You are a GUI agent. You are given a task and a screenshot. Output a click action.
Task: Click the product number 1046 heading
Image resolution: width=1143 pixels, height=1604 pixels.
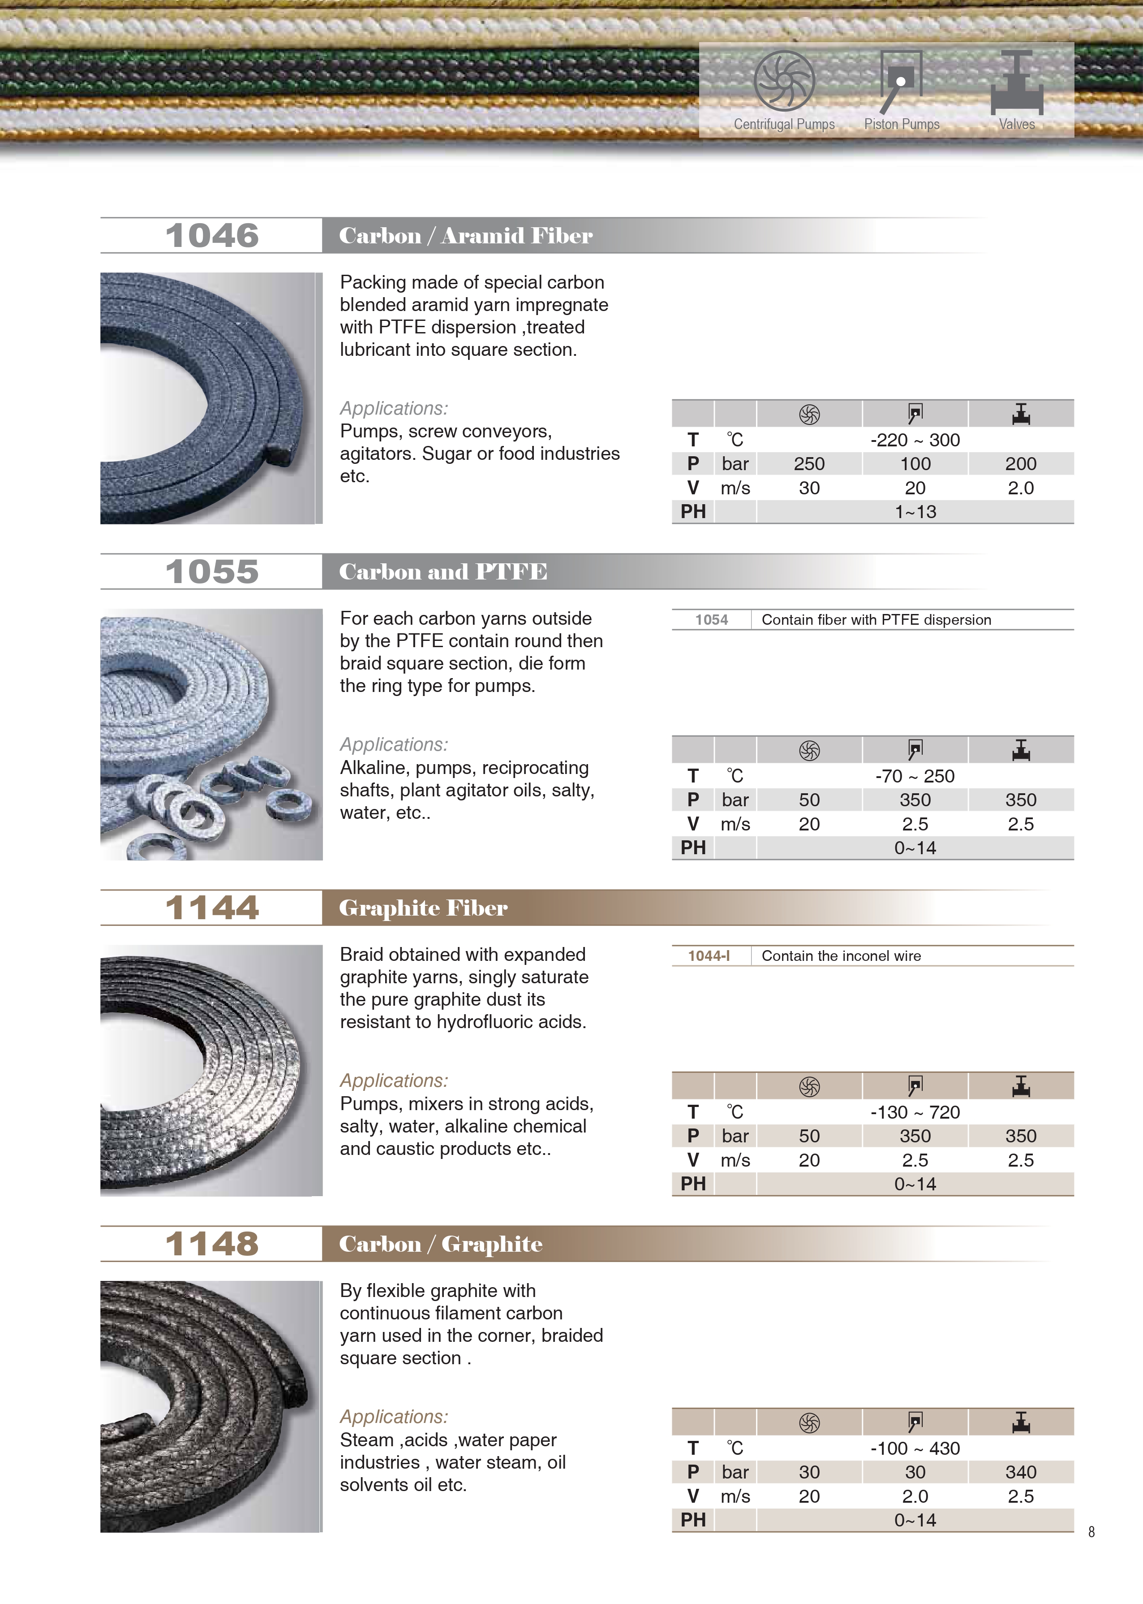[212, 236]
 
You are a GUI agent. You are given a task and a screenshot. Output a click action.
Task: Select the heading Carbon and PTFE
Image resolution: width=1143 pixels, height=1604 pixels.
[443, 572]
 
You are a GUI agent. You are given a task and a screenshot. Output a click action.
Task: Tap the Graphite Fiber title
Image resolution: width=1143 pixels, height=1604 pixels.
[423, 908]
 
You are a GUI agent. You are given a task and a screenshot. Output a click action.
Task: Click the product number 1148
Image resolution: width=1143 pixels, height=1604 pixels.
[212, 1244]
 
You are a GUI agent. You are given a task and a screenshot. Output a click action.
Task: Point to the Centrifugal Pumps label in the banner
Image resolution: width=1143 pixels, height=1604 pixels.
[784, 125]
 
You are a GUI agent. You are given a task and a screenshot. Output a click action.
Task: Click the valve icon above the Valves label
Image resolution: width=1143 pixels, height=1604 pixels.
[1017, 83]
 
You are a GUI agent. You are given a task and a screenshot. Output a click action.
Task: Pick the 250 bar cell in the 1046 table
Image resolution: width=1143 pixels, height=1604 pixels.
[809, 464]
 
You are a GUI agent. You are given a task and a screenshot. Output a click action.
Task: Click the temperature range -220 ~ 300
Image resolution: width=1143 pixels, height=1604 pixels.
[915, 440]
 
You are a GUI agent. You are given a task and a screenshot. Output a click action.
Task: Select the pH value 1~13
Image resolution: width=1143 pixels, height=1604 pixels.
[915, 512]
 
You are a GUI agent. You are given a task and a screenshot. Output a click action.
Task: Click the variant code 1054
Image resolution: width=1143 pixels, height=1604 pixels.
[712, 620]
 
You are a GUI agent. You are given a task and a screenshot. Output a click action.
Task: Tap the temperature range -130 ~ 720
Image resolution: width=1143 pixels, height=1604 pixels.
[915, 1112]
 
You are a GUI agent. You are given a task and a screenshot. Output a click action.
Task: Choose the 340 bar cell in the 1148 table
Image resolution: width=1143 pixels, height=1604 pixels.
[1021, 1472]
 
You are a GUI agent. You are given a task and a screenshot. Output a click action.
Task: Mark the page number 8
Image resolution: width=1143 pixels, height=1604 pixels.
[1091, 1531]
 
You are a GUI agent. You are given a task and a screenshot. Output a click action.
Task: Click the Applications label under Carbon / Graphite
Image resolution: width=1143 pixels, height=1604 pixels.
[393, 1416]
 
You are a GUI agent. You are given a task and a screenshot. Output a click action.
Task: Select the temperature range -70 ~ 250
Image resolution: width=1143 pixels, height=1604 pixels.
[915, 776]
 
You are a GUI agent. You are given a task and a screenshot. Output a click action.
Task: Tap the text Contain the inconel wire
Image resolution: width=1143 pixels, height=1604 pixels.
[841, 955]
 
